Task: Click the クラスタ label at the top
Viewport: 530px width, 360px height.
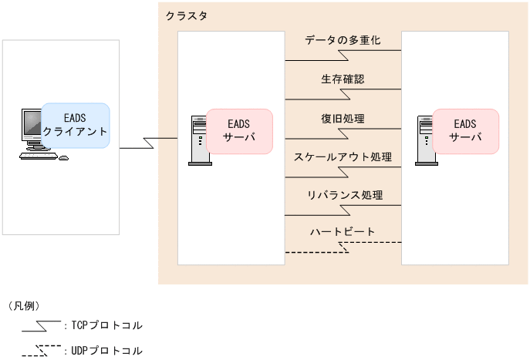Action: (x=186, y=15)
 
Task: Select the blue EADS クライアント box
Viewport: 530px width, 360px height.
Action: (x=75, y=125)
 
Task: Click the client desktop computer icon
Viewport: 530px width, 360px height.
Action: (x=37, y=136)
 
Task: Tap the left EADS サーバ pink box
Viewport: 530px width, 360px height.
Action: (x=239, y=131)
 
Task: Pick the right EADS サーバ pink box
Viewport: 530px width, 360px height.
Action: (x=465, y=131)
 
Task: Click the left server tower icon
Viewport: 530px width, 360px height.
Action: (x=199, y=141)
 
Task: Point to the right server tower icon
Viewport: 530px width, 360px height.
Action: (x=426, y=141)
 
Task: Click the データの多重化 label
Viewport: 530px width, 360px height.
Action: (x=343, y=39)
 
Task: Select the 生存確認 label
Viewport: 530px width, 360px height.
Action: (x=343, y=79)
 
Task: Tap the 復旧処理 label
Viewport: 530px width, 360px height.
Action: (x=343, y=118)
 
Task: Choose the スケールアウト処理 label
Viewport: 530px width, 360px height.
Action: (x=343, y=157)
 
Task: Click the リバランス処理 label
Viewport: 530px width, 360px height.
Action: (x=343, y=196)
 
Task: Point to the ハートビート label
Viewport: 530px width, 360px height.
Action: (x=343, y=232)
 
